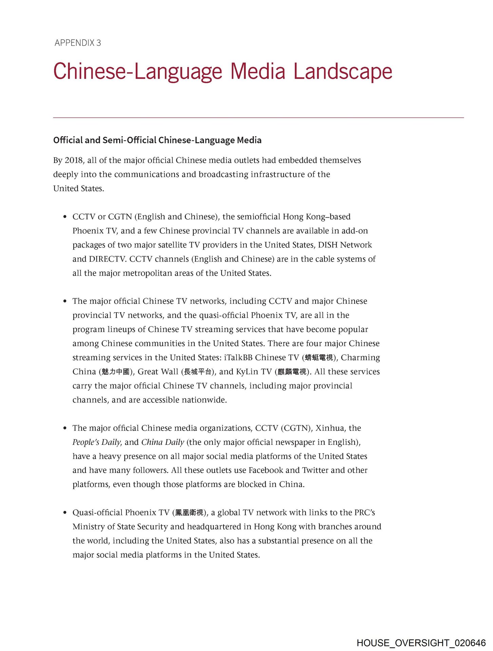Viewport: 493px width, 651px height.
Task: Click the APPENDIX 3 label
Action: click(x=78, y=43)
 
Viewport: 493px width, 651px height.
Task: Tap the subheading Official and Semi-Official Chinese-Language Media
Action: click(x=157, y=140)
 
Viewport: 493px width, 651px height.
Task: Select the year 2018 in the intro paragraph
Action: click(x=74, y=160)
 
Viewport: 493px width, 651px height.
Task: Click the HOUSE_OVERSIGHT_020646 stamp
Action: click(x=421, y=643)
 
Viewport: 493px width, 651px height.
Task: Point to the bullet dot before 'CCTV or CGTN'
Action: click(x=65, y=217)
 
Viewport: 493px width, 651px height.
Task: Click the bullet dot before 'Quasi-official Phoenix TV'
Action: click(x=65, y=512)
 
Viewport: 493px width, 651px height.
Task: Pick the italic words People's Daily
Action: click(x=96, y=442)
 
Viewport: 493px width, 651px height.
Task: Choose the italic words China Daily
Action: click(x=163, y=442)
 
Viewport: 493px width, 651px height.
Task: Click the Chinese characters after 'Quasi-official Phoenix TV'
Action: click(x=189, y=513)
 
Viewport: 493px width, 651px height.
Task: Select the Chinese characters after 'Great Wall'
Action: click(x=198, y=372)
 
